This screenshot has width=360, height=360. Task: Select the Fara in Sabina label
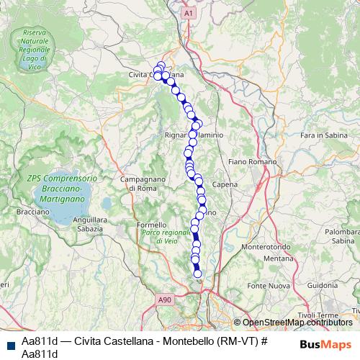[x=324, y=135]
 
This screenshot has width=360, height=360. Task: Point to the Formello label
[x=150, y=225]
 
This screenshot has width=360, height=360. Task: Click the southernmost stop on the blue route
[x=198, y=272]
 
